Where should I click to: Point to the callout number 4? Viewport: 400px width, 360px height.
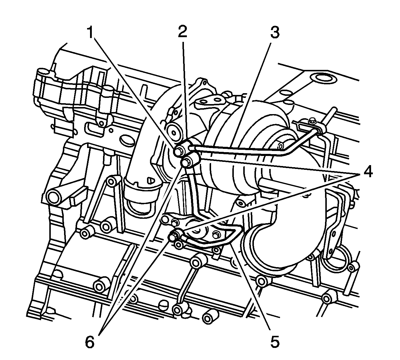point(365,172)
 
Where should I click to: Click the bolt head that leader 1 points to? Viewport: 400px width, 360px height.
point(179,152)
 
